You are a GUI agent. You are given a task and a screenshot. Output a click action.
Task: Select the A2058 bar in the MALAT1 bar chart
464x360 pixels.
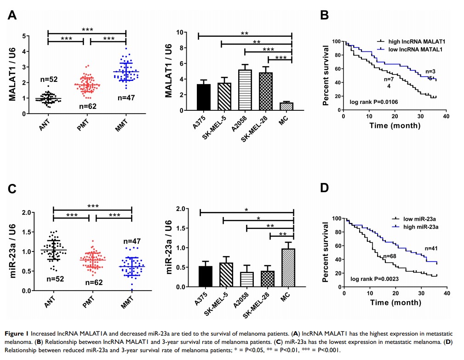coord(245,90)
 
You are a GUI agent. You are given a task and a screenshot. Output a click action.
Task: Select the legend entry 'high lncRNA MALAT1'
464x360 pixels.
coord(413,41)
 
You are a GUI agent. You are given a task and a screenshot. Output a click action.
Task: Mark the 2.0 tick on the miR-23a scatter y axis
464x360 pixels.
coord(27,212)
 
